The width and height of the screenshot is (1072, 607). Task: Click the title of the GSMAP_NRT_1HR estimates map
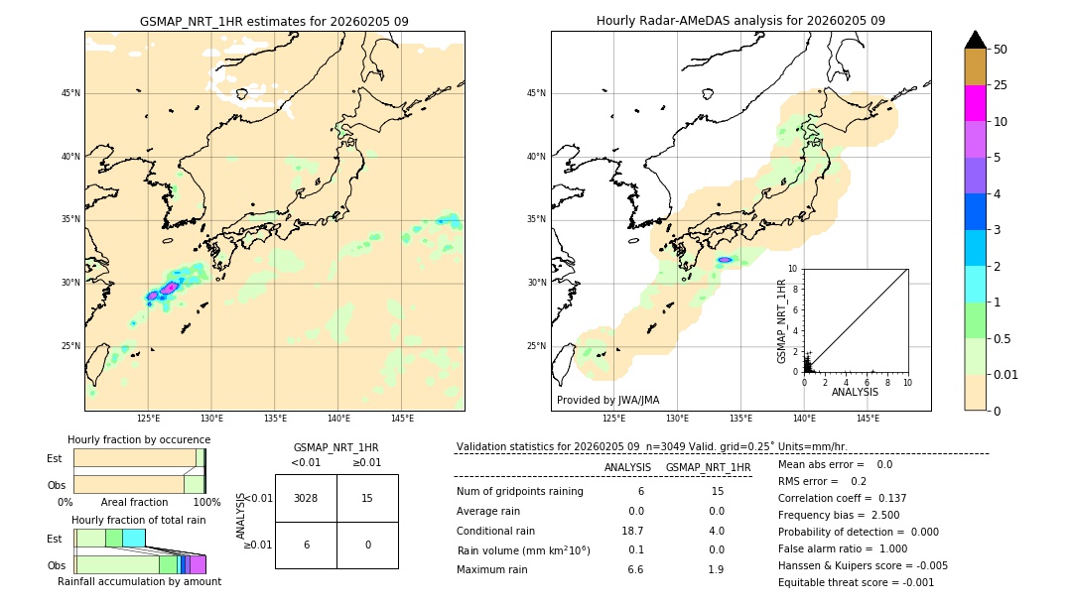pyautogui.click(x=274, y=21)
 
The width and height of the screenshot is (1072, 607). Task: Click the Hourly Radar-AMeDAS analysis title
pyautogui.click(x=740, y=21)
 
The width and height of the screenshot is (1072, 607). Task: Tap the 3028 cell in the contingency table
pyautogui.click(x=306, y=498)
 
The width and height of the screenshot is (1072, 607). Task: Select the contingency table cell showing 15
pyautogui.click(x=367, y=498)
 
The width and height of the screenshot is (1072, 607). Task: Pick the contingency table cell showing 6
pyautogui.click(x=306, y=545)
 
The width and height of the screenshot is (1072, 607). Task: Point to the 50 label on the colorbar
pyautogui.click(x=1001, y=50)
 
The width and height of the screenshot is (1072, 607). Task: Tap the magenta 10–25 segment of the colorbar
pyautogui.click(x=975, y=103)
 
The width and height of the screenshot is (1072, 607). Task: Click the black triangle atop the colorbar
pyautogui.click(x=975, y=40)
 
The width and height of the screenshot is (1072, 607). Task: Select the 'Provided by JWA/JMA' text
pyautogui.click(x=607, y=400)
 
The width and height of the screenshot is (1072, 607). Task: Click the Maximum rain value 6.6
pyautogui.click(x=635, y=569)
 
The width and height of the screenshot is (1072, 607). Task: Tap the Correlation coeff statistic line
pyautogui.click(x=842, y=498)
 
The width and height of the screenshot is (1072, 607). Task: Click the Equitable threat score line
pyautogui.click(x=856, y=582)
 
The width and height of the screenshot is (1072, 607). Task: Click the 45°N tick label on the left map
pyautogui.click(x=70, y=93)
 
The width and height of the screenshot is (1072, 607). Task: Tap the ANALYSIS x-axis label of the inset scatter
pyautogui.click(x=855, y=392)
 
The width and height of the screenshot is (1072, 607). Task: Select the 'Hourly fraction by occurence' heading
pyautogui.click(x=139, y=439)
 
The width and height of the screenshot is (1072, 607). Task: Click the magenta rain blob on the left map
pyautogui.click(x=169, y=288)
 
